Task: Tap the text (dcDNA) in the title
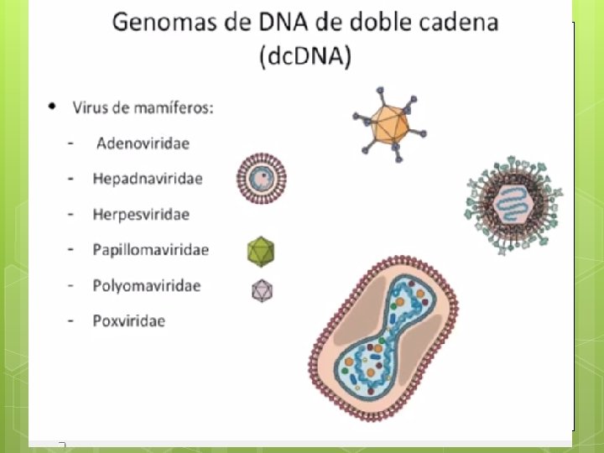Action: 305,57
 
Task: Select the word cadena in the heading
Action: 459,22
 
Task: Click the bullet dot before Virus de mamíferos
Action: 54,107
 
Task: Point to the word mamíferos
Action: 180,108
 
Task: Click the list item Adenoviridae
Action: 143,143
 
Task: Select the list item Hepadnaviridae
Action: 147,179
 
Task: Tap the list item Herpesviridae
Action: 141,214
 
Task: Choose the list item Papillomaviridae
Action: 150,250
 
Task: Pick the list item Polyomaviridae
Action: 146,285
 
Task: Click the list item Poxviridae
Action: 128,320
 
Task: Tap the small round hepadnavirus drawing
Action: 261,178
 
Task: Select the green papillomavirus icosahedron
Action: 261,250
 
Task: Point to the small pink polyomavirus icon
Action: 262,290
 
